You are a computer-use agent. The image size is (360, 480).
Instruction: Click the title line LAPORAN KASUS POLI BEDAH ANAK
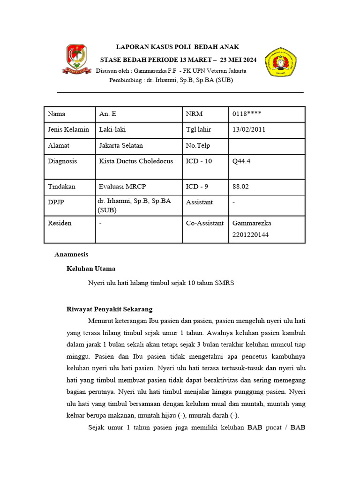tap(178, 47)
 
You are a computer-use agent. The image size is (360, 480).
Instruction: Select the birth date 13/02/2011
tap(248, 130)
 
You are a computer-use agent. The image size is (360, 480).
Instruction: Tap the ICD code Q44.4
tap(241, 161)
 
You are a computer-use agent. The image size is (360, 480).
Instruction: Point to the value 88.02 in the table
tap(240, 187)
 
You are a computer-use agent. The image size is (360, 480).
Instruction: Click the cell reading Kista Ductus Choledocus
tap(136, 161)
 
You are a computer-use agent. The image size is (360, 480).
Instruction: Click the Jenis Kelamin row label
tap(68, 130)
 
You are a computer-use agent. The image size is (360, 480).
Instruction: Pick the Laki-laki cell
tap(112, 130)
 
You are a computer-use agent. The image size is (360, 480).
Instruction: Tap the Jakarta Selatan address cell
tap(121, 146)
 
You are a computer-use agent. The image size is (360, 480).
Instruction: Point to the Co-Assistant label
tap(204, 223)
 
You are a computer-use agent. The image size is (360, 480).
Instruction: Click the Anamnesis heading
tap(71, 254)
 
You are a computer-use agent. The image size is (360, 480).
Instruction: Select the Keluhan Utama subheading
tap(91, 269)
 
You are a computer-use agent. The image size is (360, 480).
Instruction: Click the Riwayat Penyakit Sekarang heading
tap(110, 309)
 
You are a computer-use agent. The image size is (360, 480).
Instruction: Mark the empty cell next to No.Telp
tap(266, 146)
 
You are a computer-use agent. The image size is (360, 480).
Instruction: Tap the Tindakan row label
tap(62, 187)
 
